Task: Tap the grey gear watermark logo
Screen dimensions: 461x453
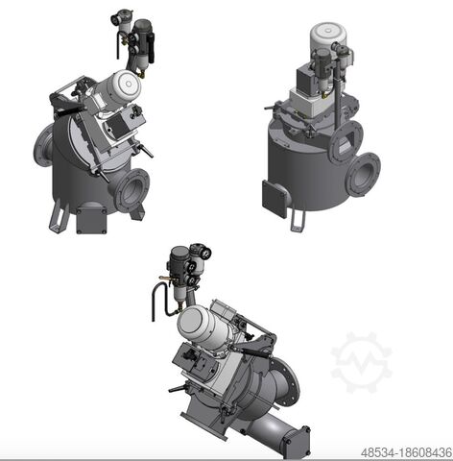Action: coord(361,363)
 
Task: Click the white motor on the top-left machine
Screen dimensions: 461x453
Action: coord(124,88)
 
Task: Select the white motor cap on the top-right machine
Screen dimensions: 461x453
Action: coord(321,36)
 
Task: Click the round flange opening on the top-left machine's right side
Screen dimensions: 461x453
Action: coord(131,189)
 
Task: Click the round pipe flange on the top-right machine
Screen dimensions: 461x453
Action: coord(363,176)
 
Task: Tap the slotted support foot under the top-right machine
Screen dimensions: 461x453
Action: coord(299,219)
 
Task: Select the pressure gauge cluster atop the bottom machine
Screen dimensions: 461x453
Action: coord(188,260)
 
